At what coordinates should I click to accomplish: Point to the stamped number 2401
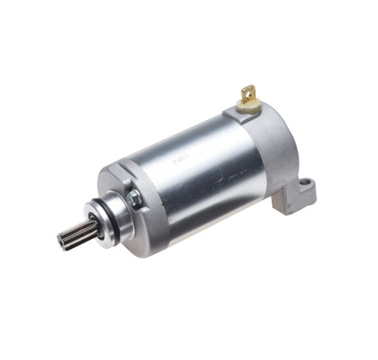click(181, 160)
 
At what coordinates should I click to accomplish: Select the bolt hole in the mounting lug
click(306, 181)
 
